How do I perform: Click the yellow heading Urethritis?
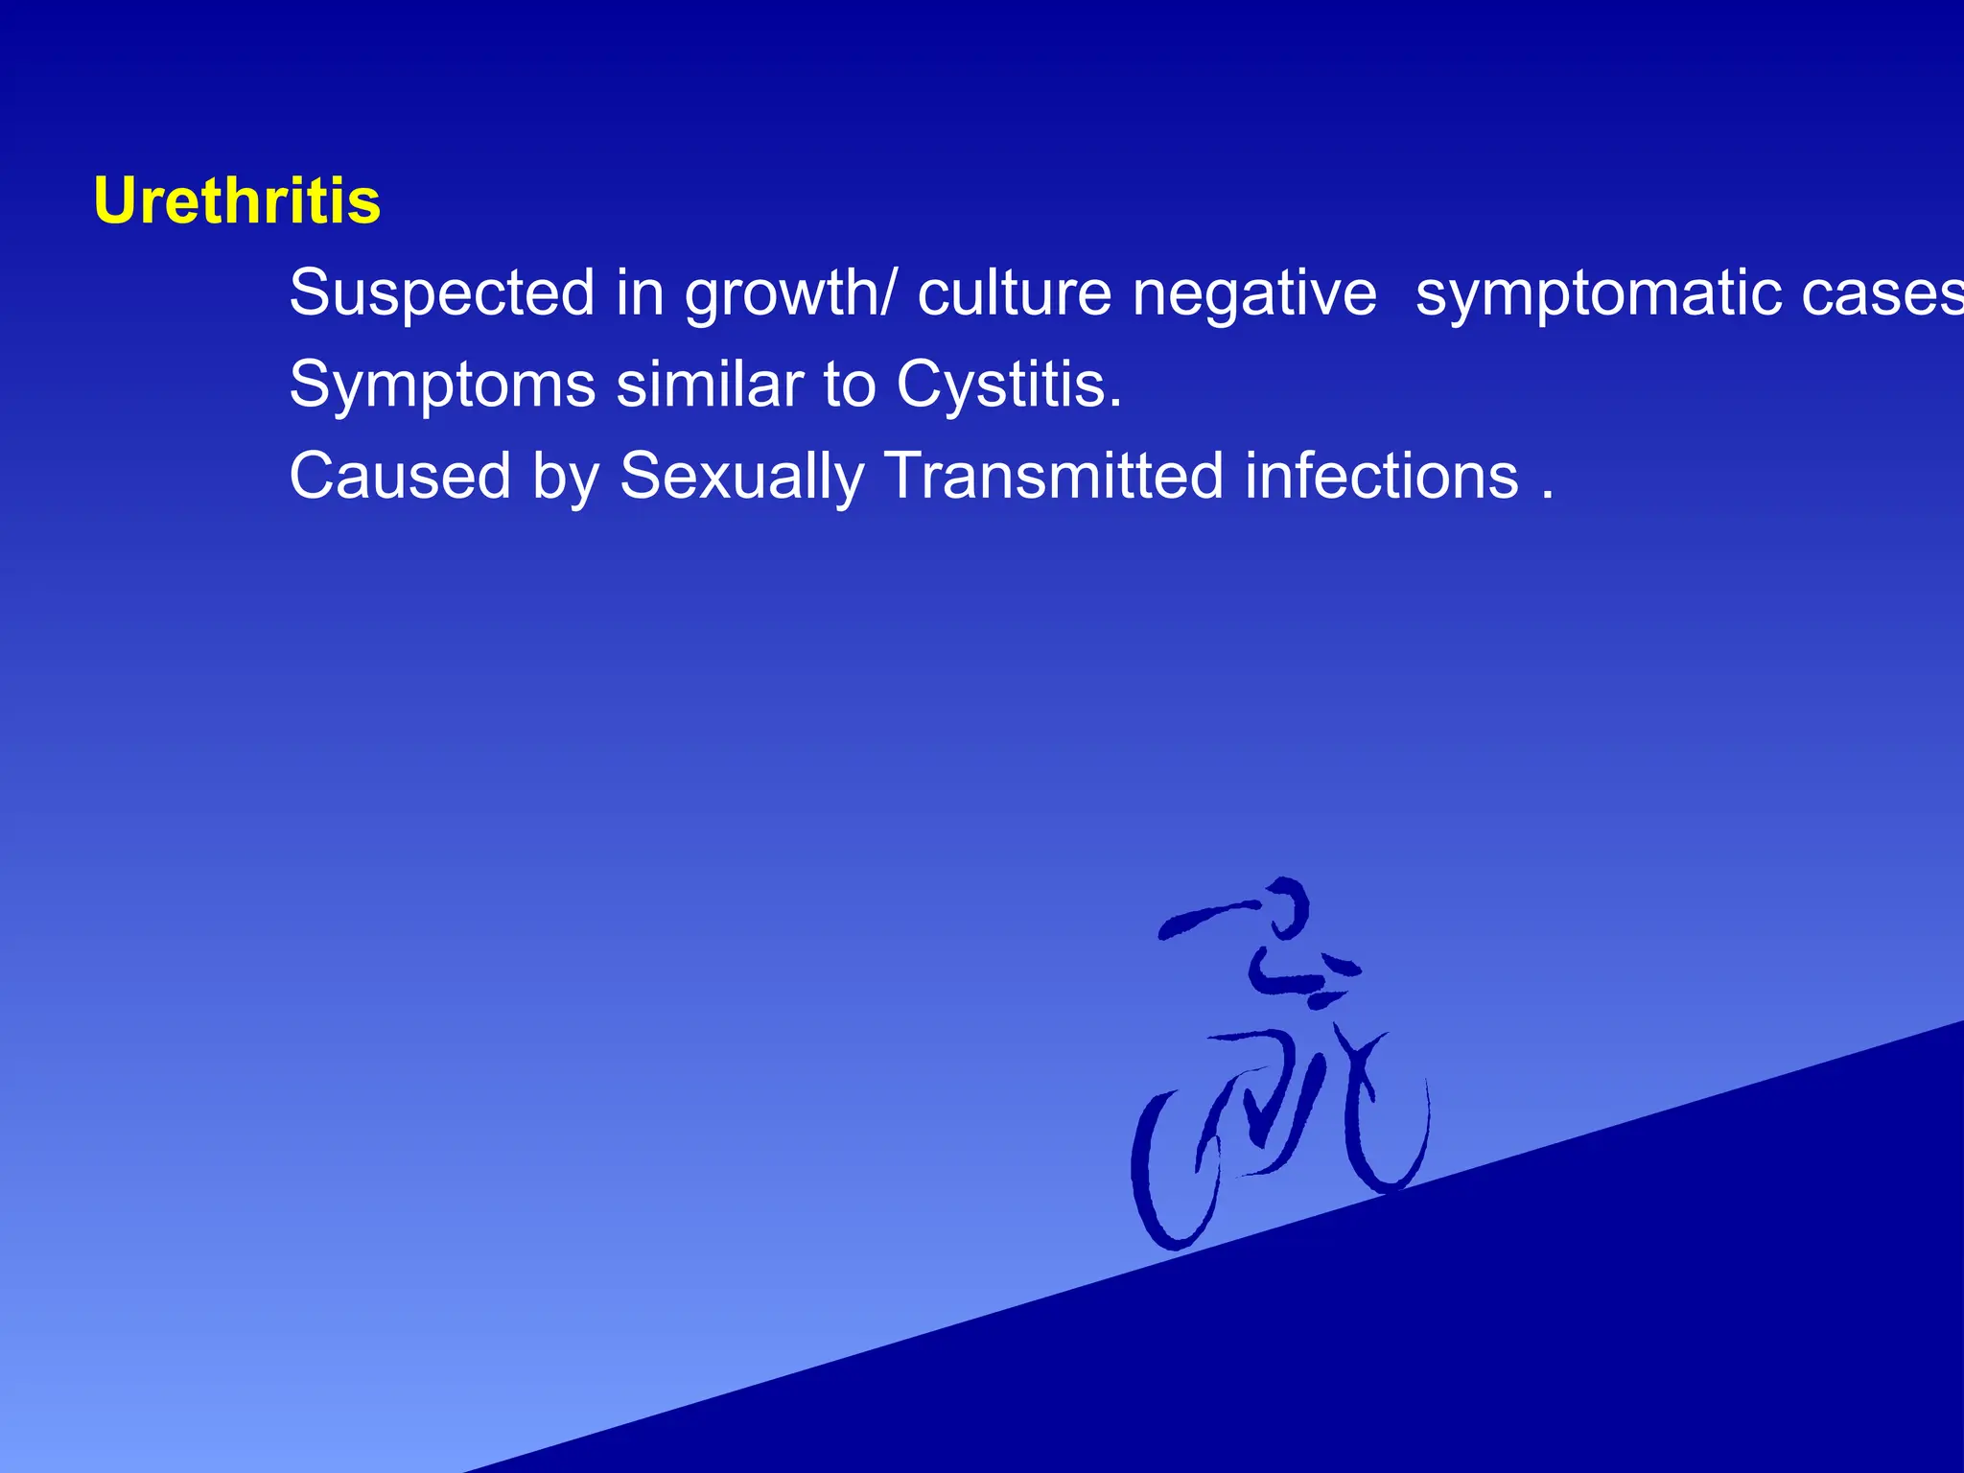(x=237, y=201)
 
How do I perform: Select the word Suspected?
(x=441, y=292)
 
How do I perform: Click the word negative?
(x=1254, y=292)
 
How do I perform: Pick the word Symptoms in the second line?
(x=442, y=386)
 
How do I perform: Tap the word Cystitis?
(x=1009, y=386)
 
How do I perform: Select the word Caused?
(x=400, y=476)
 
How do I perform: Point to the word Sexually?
(x=741, y=478)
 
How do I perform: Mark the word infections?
(x=1382, y=476)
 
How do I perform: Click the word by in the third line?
(x=566, y=478)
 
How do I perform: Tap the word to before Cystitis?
(x=850, y=385)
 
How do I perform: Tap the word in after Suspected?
(x=640, y=292)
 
